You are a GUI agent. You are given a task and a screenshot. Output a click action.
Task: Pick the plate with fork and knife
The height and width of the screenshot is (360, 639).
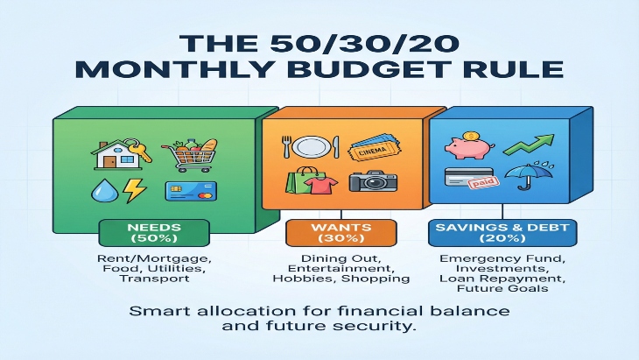pyautogui.click(x=306, y=148)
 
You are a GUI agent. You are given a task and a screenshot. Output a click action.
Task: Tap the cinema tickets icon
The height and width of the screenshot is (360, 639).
pyautogui.click(x=371, y=150)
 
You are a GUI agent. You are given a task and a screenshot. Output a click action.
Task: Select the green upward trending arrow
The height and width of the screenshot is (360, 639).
pyautogui.click(x=536, y=144)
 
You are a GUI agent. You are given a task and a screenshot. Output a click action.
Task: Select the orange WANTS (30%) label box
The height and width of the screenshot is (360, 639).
pyautogui.click(x=341, y=232)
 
